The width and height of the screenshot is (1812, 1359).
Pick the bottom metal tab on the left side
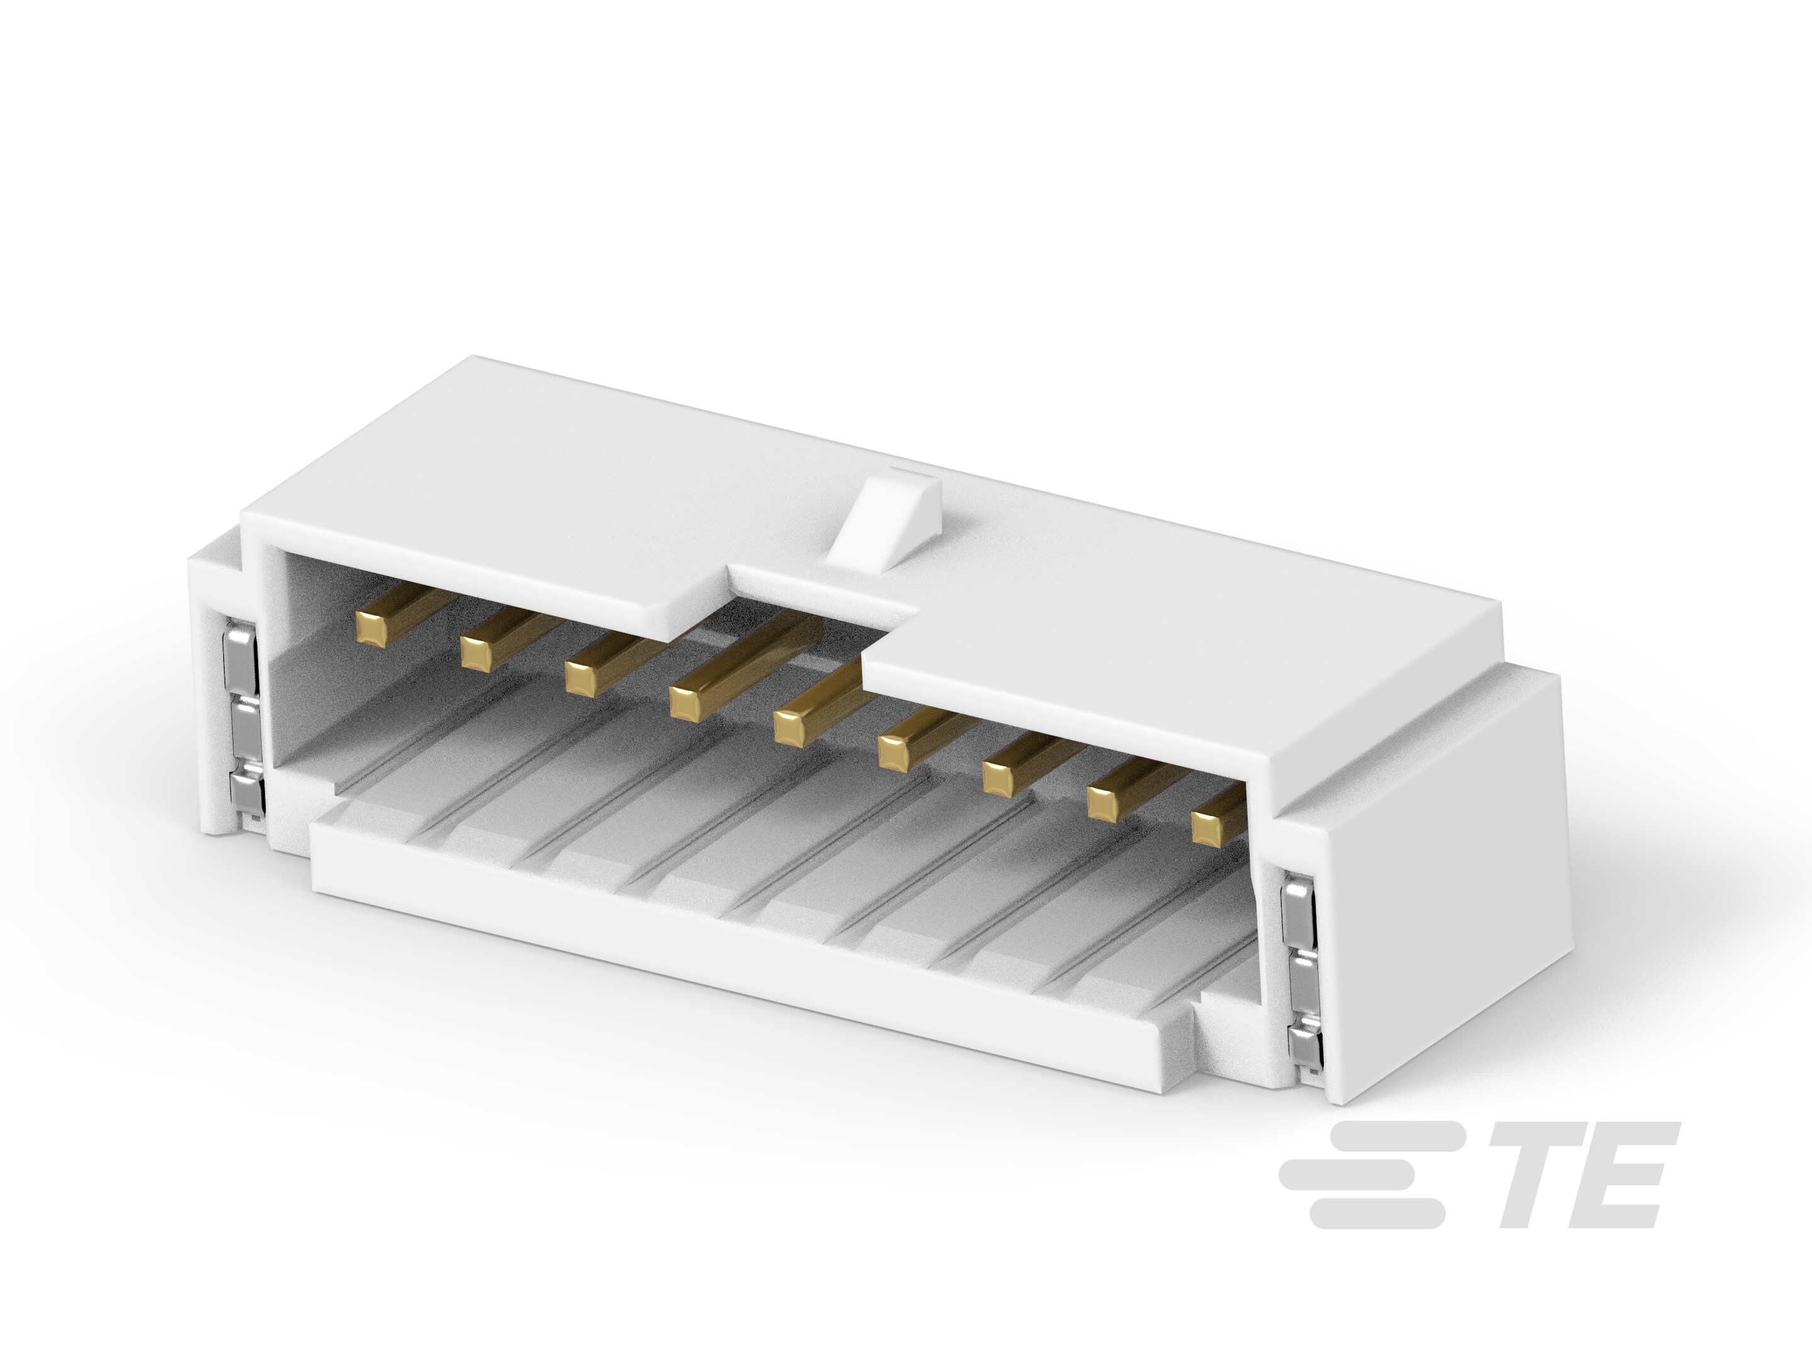point(247,790)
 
